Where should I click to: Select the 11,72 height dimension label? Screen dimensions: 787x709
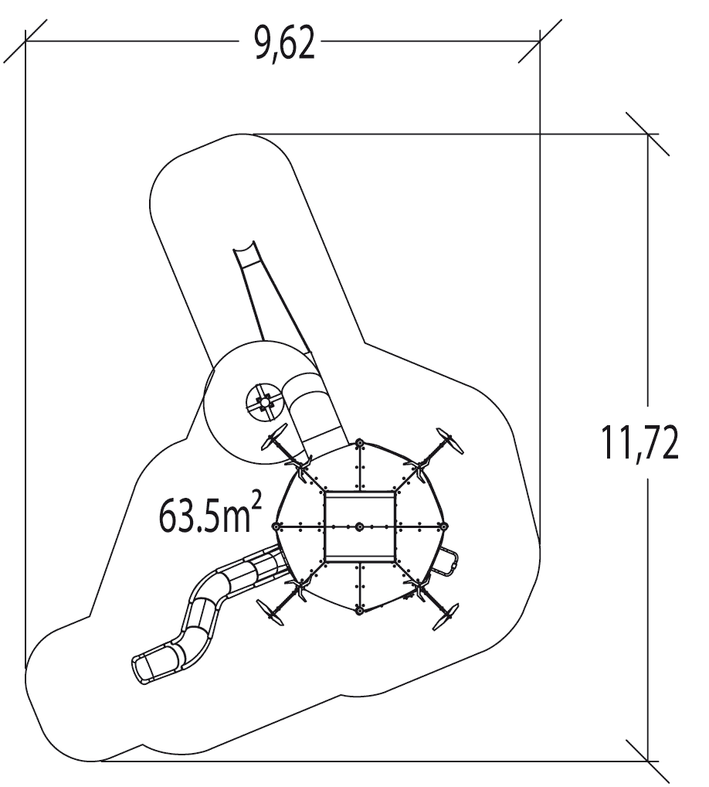pos(641,445)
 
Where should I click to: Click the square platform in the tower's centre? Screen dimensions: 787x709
pos(360,526)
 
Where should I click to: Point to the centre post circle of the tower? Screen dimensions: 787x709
pos(360,526)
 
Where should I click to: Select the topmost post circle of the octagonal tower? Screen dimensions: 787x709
pos(359,443)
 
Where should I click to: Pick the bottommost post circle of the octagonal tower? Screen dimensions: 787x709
pos(359,612)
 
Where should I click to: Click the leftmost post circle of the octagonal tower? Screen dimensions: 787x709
pos(276,526)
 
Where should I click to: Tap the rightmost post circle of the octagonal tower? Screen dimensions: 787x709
pos(443,526)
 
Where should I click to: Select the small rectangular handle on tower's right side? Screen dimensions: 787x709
pos(447,560)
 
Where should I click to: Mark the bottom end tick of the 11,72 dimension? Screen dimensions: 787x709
pos(648,760)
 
